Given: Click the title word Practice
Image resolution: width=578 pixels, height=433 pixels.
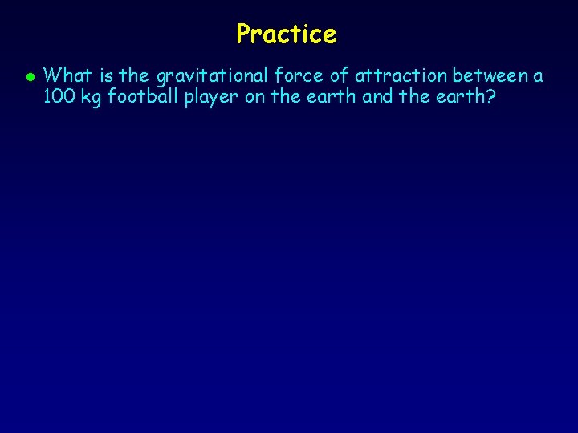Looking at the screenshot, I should tap(287, 34).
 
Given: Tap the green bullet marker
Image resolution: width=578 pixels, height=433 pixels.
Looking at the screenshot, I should tap(28, 78).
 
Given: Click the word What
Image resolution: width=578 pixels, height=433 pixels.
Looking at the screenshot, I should tap(67, 76).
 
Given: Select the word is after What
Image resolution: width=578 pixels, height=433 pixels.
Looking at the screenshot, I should tap(106, 76).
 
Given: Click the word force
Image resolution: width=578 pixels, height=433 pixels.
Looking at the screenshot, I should tap(293, 76).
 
